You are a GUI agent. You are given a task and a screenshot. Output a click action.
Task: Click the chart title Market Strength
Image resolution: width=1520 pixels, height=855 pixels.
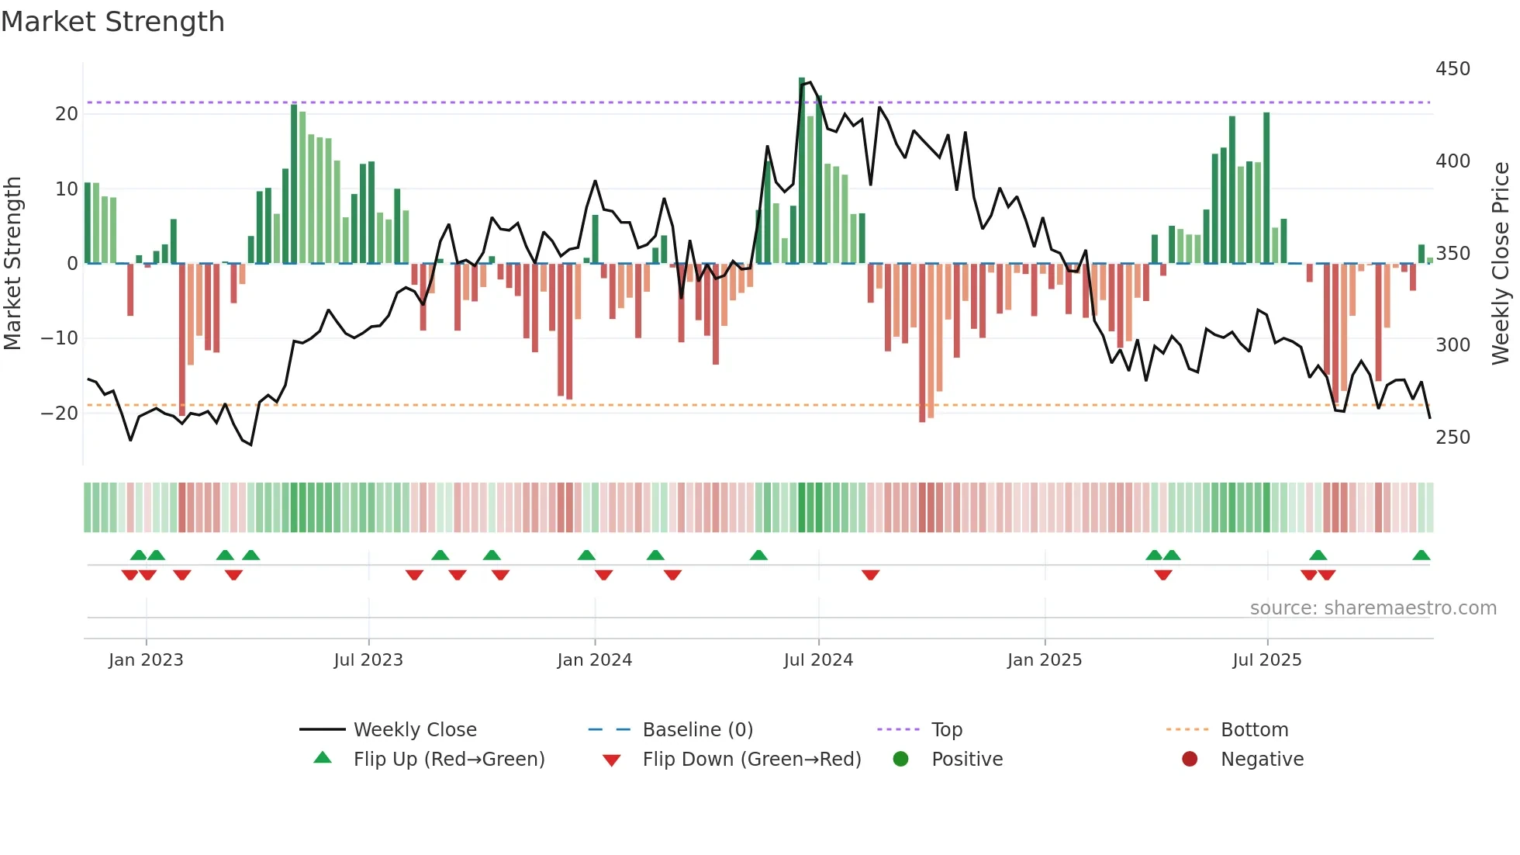click(x=112, y=22)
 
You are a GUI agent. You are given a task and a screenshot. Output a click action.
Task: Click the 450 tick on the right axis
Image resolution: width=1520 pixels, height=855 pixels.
click(x=1453, y=69)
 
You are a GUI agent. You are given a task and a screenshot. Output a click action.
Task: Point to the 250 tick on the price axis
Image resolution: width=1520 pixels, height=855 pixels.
click(x=1453, y=438)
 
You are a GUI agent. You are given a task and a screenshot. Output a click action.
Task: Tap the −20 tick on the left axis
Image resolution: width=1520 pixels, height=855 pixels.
click(x=60, y=414)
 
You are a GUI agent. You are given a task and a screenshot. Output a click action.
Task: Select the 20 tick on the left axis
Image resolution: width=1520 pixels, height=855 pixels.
click(x=67, y=114)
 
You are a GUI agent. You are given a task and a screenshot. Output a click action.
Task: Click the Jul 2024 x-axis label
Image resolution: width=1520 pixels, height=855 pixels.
click(x=818, y=660)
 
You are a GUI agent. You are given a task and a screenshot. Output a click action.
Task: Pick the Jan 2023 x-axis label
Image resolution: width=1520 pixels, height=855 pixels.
click(x=146, y=660)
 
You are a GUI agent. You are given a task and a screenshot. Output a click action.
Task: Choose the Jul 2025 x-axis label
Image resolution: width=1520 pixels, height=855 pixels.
click(x=1266, y=660)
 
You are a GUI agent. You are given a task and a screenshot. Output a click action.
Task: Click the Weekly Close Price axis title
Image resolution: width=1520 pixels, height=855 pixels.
click(x=1501, y=264)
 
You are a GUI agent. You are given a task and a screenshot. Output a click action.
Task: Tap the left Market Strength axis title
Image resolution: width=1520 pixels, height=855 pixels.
click(x=12, y=264)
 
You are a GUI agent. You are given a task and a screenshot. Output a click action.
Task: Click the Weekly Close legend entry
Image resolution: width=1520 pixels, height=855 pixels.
click(x=414, y=730)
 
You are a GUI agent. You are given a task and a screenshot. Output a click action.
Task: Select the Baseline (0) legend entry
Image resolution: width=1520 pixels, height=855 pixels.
click(x=697, y=730)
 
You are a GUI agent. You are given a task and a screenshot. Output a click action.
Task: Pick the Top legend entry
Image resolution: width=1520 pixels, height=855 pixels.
click(x=946, y=730)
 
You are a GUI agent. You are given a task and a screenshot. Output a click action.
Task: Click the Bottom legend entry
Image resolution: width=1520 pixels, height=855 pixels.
click(x=1254, y=730)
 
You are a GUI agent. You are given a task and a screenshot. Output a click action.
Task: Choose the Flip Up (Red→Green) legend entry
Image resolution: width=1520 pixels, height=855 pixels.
click(x=448, y=760)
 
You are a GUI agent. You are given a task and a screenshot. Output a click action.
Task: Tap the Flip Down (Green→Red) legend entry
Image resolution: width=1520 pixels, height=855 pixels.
click(x=751, y=760)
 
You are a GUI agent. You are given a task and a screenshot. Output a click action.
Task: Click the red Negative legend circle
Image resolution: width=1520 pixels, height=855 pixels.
click(x=1190, y=760)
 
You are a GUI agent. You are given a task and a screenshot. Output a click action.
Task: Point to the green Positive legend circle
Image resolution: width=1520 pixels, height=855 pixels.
click(x=900, y=760)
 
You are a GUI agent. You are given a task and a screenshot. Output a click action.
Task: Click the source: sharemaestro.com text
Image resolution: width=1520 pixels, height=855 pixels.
click(x=1373, y=608)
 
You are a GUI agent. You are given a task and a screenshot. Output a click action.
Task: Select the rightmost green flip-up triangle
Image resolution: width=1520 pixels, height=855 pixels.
click(x=1421, y=556)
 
